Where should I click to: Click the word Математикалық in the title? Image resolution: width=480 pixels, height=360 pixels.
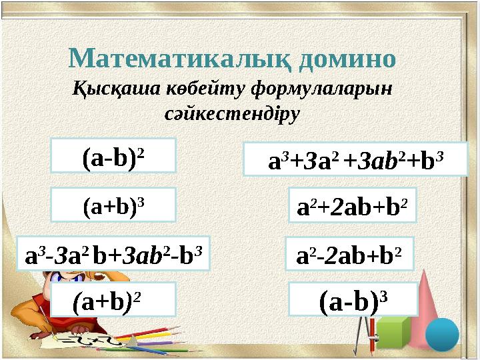pos(181,59)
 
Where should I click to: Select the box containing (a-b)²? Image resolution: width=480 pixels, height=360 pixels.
pos(113,156)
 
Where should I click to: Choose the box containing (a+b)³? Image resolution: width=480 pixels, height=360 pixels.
pos(113,205)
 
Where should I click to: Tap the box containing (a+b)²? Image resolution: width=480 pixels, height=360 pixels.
pos(113,299)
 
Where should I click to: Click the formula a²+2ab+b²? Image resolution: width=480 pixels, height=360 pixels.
pos(351,205)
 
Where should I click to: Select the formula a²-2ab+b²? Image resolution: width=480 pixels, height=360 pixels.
pos(349,253)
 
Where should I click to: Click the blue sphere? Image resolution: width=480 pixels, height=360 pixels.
pos(442,334)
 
